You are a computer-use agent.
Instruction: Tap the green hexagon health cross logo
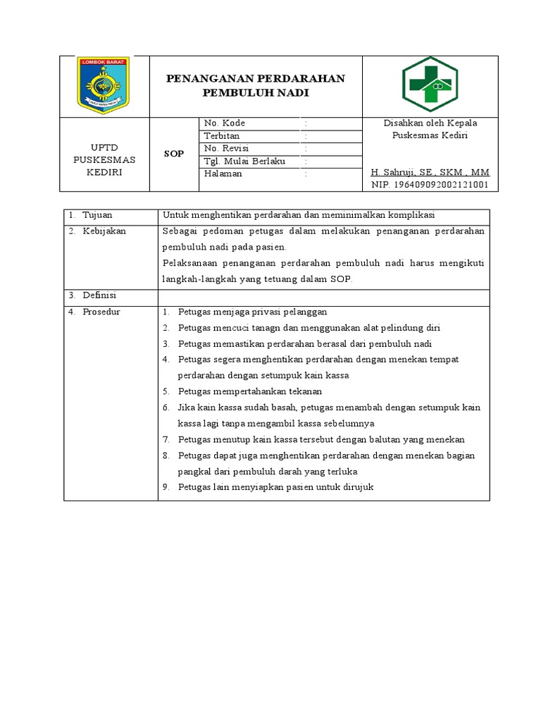[x=430, y=85]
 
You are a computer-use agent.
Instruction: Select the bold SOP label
[x=173, y=154]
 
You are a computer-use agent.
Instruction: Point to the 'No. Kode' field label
[x=224, y=123]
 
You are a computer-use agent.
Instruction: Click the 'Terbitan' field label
[x=221, y=136]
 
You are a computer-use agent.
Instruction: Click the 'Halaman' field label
[x=223, y=174]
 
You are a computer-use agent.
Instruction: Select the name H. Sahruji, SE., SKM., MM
[x=430, y=173]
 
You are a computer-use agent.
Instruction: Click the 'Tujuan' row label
[x=97, y=215]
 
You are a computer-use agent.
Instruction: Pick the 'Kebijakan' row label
[x=104, y=231]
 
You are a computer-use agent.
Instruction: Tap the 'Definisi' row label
[x=99, y=295]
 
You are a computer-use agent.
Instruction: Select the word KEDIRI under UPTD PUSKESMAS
[x=104, y=173]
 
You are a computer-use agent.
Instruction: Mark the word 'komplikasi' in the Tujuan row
[x=411, y=215]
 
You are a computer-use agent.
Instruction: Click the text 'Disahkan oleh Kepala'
[x=430, y=123]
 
